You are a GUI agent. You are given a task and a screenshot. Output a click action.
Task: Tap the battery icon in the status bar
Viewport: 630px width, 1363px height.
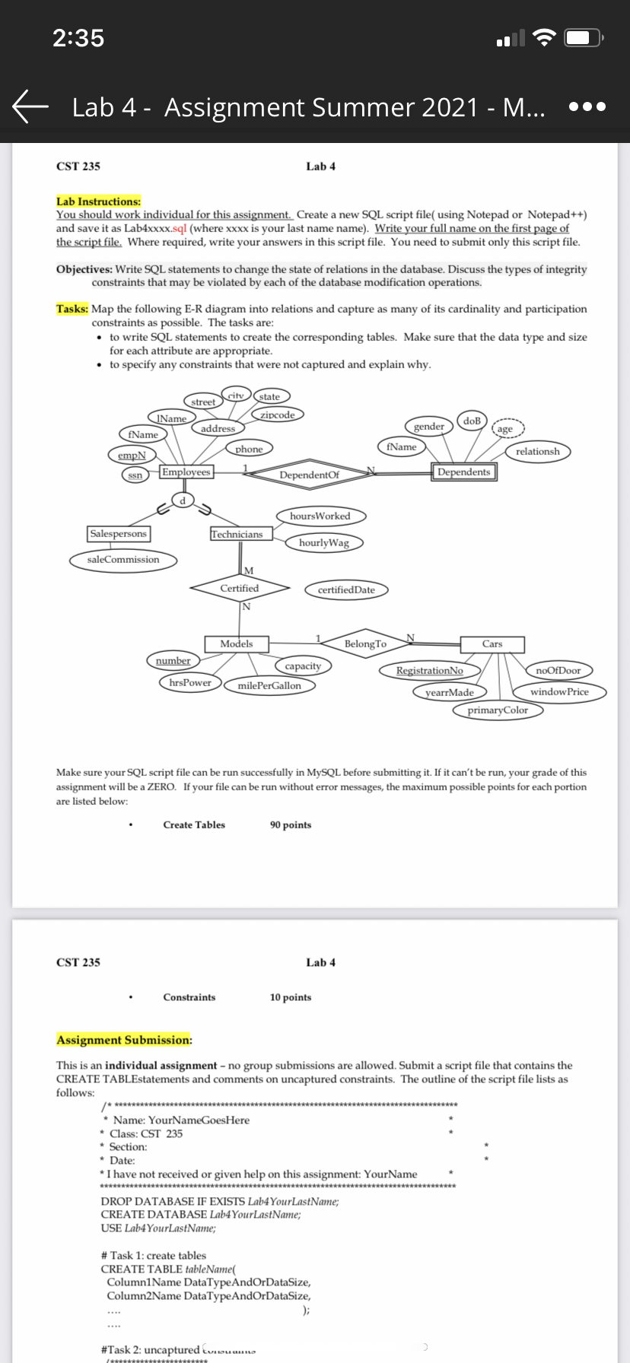coord(586,38)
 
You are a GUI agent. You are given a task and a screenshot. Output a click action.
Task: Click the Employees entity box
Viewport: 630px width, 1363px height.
coord(186,472)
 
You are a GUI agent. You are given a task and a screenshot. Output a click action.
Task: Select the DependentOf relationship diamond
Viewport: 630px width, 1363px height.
coord(309,475)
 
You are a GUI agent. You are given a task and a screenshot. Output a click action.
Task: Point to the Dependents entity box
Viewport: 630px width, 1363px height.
coord(463,472)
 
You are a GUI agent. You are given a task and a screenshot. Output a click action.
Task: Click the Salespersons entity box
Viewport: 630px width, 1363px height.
coord(118,534)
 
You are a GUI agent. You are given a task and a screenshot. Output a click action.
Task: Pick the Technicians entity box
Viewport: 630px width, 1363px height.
coord(237,535)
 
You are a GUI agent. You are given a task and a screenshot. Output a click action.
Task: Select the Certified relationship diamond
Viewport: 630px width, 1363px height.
coord(240,588)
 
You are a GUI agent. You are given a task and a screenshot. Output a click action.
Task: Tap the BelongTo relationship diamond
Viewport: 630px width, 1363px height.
coord(365,644)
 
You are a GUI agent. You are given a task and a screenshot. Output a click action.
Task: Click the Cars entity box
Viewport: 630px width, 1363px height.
coord(492,644)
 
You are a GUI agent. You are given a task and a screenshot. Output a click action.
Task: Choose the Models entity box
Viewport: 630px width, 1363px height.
coord(236,643)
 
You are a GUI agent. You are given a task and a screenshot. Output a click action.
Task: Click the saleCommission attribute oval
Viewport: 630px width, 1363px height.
coord(123,560)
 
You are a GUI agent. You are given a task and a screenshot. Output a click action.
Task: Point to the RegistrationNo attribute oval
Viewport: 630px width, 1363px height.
coord(429,671)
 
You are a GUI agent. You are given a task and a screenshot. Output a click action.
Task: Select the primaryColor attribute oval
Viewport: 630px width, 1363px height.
coord(498,710)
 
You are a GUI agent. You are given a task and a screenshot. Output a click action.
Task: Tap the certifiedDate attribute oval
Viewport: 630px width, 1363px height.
coord(346,589)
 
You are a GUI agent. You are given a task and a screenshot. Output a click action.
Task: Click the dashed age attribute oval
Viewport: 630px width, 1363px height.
coord(504,430)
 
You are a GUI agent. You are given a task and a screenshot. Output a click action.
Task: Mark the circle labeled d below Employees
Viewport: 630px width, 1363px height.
coord(182,500)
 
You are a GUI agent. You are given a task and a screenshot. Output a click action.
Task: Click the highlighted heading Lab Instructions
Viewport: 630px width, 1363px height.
coord(99,202)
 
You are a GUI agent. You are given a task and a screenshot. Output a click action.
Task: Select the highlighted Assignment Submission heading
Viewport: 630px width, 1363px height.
coord(124,1040)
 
